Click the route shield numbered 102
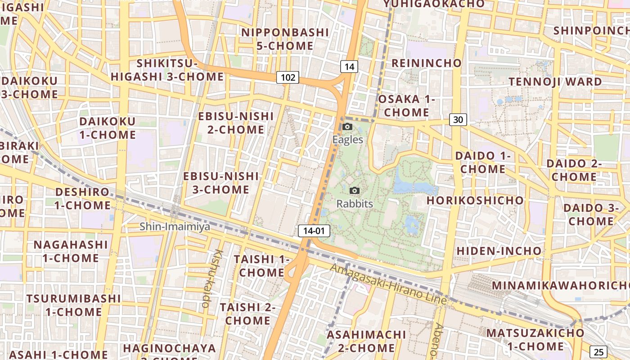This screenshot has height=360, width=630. click(x=288, y=77)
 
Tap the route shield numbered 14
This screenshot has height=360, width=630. click(x=349, y=67)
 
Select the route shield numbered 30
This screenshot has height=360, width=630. click(x=458, y=120)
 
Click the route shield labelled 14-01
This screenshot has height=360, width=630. click(x=314, y=231)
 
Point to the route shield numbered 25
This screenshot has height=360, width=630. click(x=598, y=352)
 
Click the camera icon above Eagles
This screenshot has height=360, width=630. click(x=347, y=127)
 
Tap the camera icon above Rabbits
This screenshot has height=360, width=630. click(x=355, y=191)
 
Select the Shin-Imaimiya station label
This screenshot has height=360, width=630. click(x=175, y=226)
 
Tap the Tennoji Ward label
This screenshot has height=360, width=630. click(x=555, y=82)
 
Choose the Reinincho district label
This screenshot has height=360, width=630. click(x=426, y=63)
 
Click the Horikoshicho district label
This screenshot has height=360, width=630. click(x=475, y=200)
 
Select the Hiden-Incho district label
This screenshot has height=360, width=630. click(x=499, y=251)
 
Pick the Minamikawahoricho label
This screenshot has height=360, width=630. click(x=560, y=286)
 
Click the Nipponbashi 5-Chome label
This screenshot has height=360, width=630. click(x=285, y=39)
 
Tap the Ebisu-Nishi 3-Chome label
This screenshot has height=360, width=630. click(x=221, y=183)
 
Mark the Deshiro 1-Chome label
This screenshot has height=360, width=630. click(x=82, y=198)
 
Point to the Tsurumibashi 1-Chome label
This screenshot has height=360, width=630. click(x=73, y=305)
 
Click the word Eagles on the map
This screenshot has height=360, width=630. click(x=347, y=139)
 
